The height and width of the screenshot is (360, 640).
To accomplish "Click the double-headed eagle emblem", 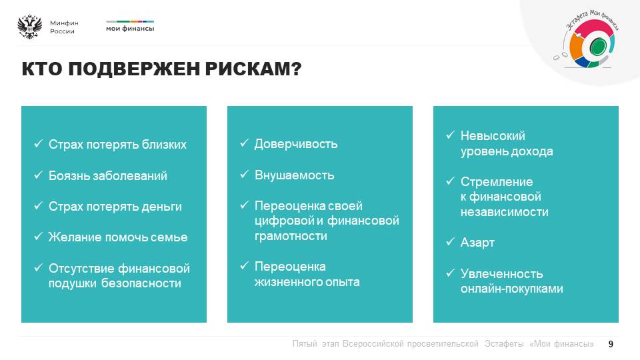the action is (30, 27).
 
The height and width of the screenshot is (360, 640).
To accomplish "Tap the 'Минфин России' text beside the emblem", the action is (64, 27).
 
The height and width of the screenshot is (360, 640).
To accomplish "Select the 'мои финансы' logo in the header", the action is (130, 26).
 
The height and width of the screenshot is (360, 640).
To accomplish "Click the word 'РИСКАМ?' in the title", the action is (253, 69).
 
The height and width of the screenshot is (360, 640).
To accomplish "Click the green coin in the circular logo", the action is (597, 47).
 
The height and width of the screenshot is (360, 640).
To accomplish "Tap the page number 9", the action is (611, 344).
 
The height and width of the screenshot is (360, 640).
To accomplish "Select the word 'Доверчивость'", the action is (296, 144).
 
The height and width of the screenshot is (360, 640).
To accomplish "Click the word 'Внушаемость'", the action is (294, 175).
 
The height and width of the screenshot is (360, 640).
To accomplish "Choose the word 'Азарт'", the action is (477, 243).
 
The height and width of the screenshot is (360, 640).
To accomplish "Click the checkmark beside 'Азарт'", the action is (450, 242).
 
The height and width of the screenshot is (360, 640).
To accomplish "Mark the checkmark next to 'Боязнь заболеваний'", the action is (39, 175).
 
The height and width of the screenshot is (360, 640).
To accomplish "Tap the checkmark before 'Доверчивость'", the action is (244, 143).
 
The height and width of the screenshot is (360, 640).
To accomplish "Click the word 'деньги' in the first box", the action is (161, 207).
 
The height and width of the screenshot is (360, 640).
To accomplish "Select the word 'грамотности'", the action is (291, 236).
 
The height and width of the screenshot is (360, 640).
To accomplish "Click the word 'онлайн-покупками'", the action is (512, 289).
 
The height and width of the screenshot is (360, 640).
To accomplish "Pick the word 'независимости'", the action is (505, 212).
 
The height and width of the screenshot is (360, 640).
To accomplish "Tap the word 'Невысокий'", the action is (493, 136).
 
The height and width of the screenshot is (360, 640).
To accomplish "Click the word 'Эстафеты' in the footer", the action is (504, 344).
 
